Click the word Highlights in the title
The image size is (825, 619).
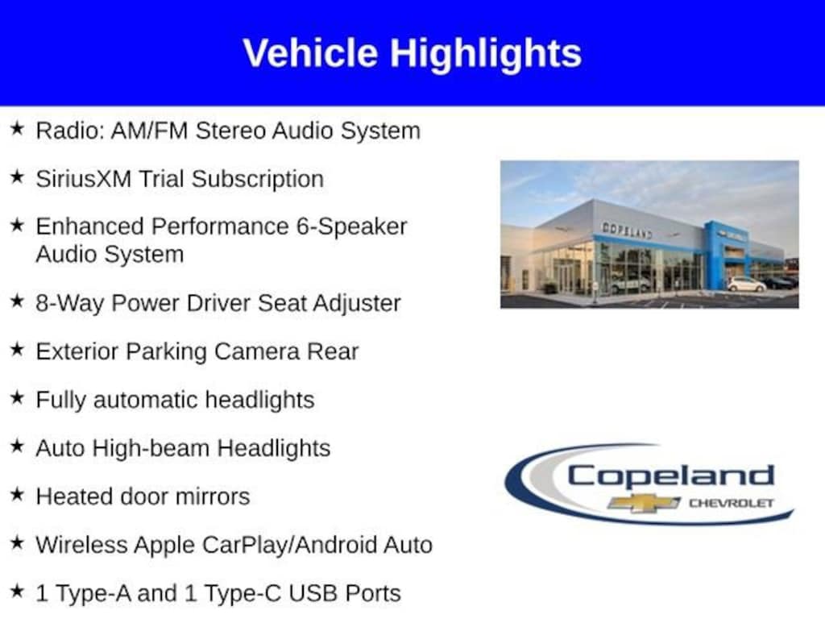(x=486, y=54)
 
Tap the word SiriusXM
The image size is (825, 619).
(x=84, y=179)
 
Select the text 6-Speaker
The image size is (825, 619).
(x=351, y=226)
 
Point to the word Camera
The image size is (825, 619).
(x=257, y=351)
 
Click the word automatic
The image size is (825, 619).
(x=146, y=400)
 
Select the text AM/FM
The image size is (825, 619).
(x=149, y=131)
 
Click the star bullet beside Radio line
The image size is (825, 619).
(x=18, y=128)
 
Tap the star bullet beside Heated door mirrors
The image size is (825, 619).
(x=18, y=494)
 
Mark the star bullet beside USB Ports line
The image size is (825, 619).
(x=18, y=591)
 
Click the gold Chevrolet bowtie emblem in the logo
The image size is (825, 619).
(x=644, y=503)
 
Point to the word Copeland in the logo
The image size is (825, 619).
(x=671, y=476)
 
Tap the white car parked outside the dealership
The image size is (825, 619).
(x=746, y=285)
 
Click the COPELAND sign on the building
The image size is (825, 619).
(x=627, y=231)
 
